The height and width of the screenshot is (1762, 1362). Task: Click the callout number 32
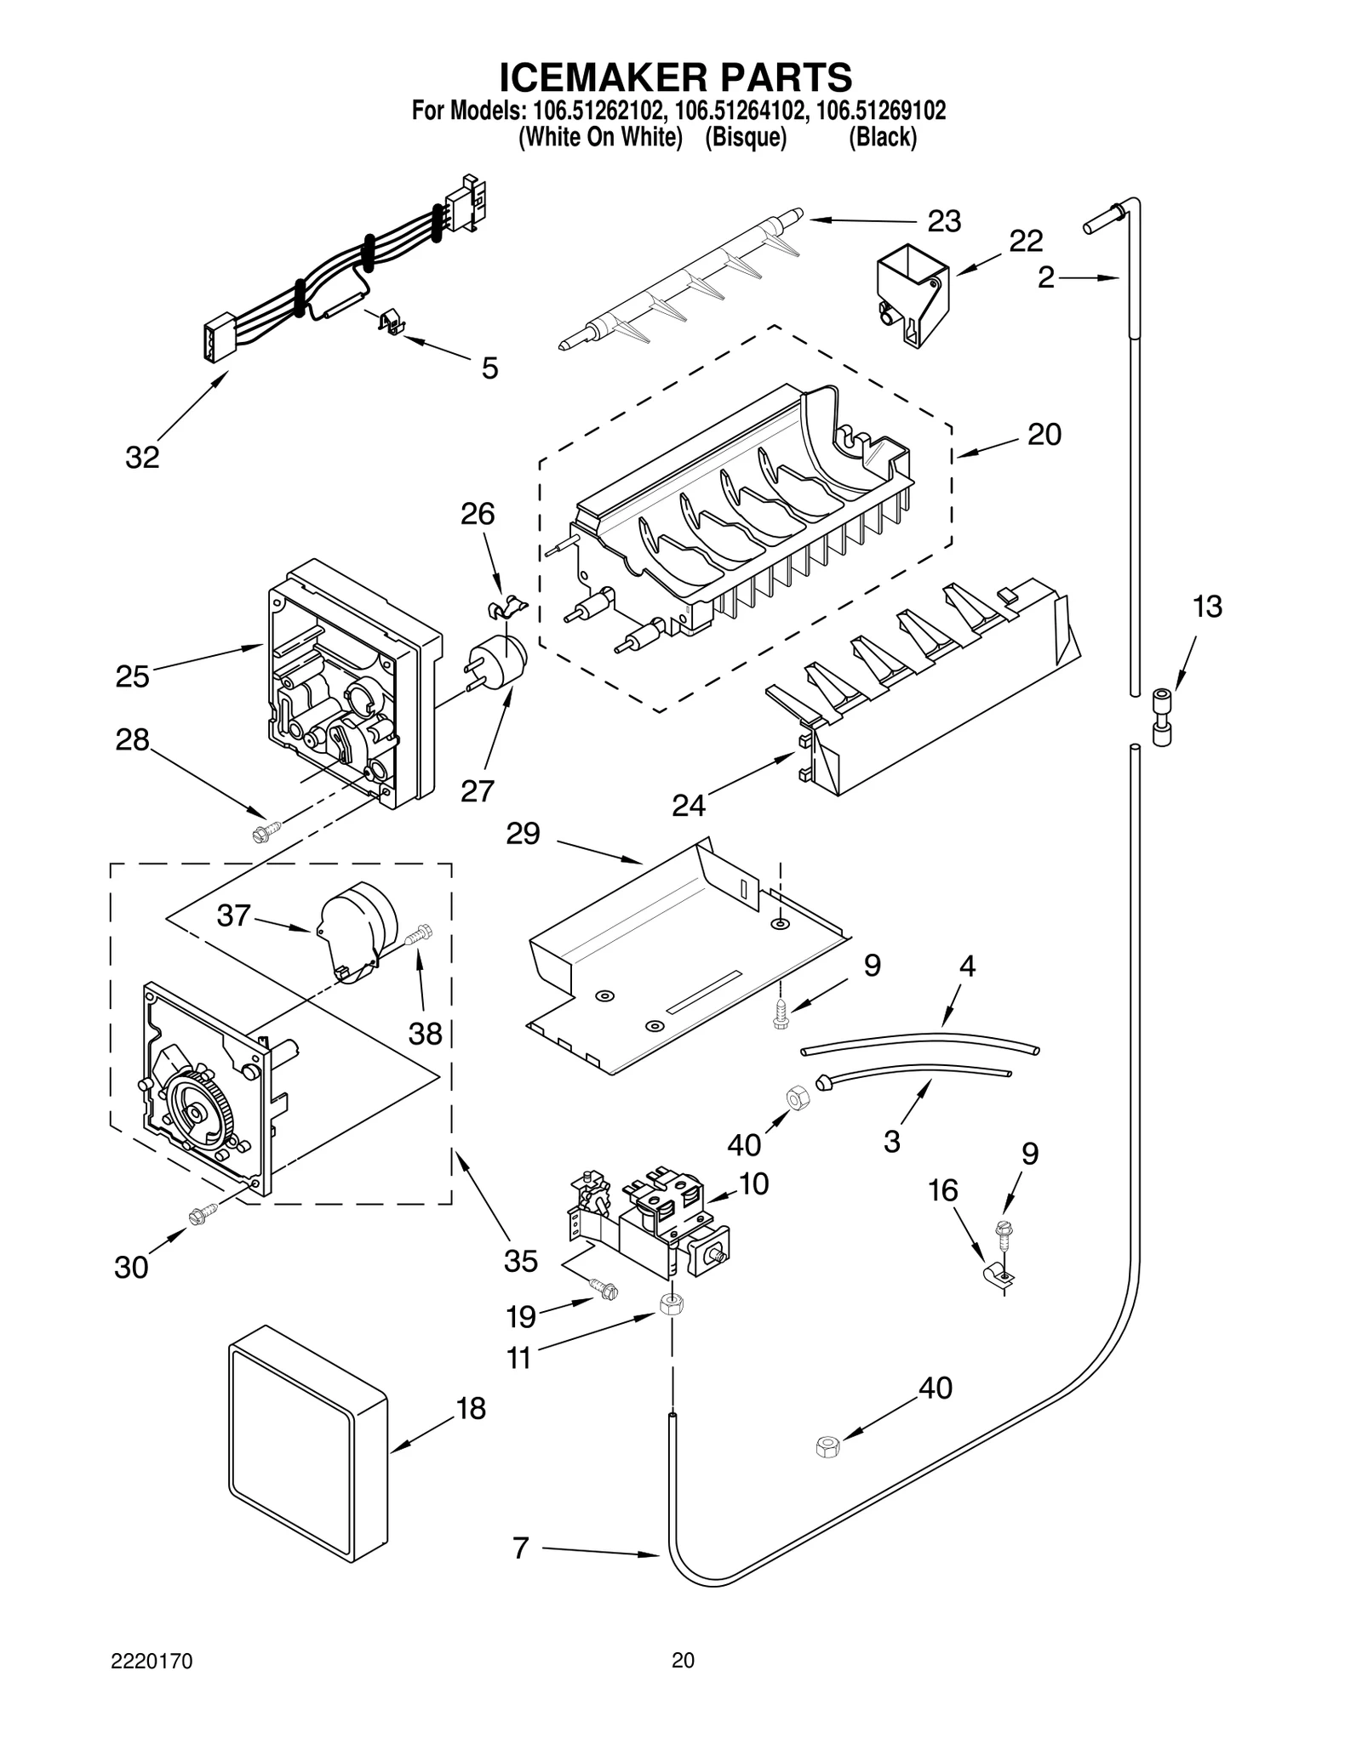[142, 458]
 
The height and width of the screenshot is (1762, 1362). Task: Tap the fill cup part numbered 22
[912, 294]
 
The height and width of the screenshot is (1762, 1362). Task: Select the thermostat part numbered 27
[500, 661]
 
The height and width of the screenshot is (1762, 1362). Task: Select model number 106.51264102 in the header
[735, 111]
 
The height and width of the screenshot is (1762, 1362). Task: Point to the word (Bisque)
[745, 137]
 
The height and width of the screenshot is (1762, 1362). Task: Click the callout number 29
[523, 833]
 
